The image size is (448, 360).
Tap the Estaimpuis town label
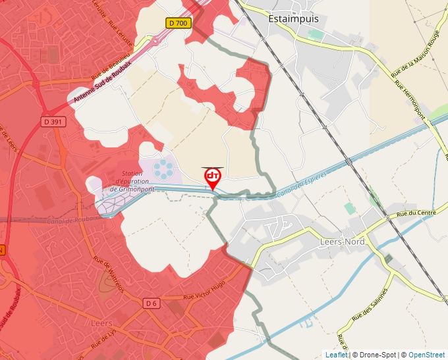[x=293, y=19]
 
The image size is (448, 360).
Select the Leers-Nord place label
[x=341, y=242]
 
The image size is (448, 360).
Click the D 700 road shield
[x=178, y=23]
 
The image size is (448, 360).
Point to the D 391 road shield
[x=55, y=121]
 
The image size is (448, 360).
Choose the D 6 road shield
[x=152, y=303]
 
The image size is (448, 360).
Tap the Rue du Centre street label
[x=416, y=213]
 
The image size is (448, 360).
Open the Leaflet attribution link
[x=336, y=355]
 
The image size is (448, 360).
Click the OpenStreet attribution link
[x=426, y=355]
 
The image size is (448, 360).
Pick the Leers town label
[x=101, y=324]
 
